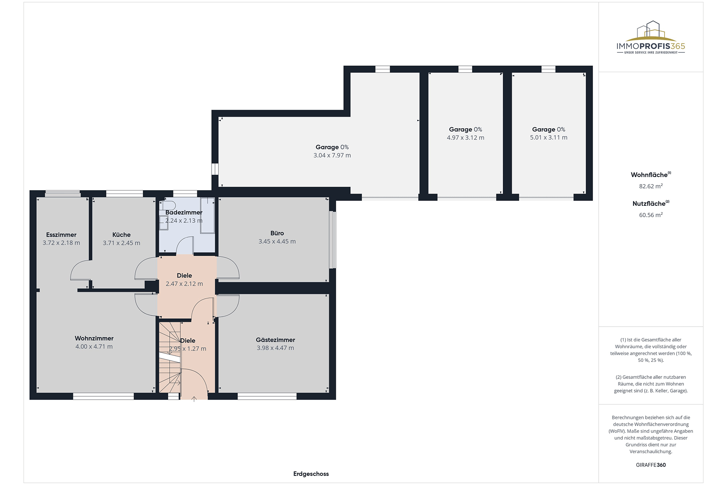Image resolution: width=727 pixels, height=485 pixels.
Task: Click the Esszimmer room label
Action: point(61,235)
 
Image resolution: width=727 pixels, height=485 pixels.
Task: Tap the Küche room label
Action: point(122,235)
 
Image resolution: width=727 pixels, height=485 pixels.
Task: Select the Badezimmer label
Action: point(184,213)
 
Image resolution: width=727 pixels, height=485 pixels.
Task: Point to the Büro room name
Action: point(277,233)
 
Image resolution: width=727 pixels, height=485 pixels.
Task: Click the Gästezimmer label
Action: point(275,340)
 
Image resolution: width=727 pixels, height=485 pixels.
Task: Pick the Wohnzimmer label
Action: point(94,338)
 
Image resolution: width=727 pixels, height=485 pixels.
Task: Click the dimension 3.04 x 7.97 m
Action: point(332,155)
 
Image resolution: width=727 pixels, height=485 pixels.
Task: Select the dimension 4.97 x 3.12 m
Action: point(465,138)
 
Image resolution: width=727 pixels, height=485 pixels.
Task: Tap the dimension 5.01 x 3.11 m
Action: point(549,138)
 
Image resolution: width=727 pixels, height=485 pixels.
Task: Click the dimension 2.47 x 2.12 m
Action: point(184,284)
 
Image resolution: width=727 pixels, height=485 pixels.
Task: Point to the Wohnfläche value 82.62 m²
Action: point(651,186)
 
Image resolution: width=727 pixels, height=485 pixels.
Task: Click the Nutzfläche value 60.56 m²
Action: point(651,215)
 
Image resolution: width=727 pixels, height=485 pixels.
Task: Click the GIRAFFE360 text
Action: point(651,465)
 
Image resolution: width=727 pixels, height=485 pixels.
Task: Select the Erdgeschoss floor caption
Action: point(311,474)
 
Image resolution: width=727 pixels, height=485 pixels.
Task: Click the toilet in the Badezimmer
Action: point(167,206)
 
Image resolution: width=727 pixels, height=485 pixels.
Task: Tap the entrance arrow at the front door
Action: point(194,399)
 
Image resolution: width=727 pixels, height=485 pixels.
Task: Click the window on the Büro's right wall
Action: point(332,239)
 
